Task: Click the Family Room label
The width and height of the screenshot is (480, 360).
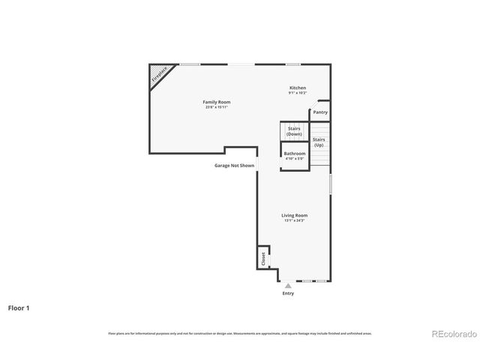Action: point(216,101)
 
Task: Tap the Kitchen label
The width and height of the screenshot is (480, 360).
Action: point(298,88)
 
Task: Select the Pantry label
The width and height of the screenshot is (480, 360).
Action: point(320,112)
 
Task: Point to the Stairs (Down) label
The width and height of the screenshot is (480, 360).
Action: point(294,130)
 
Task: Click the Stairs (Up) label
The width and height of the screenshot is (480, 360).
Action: point(319,142)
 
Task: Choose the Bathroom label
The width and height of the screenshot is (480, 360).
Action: point(294,154)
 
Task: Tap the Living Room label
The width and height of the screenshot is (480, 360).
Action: point(295,215)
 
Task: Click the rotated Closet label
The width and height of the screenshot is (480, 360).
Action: point(263,258)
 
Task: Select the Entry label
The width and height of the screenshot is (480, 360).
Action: point(288,293)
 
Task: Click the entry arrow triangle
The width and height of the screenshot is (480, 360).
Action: point(287,285)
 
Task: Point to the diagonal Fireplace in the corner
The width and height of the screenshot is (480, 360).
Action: point(159,74)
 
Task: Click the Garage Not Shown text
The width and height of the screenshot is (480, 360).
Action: point(234,165)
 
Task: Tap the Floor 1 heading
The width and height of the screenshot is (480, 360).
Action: point(19,307)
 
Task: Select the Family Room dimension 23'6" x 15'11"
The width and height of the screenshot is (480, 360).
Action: point(216,107)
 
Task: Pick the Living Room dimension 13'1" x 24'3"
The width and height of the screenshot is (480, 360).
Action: point(295,220)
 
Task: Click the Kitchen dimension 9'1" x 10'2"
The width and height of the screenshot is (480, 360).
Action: point(298,93)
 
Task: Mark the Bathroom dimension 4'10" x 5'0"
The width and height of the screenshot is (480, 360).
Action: point(294,159)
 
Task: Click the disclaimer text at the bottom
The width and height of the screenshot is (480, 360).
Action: point(239,334)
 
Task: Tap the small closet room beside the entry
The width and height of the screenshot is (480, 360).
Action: point(263,256)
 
